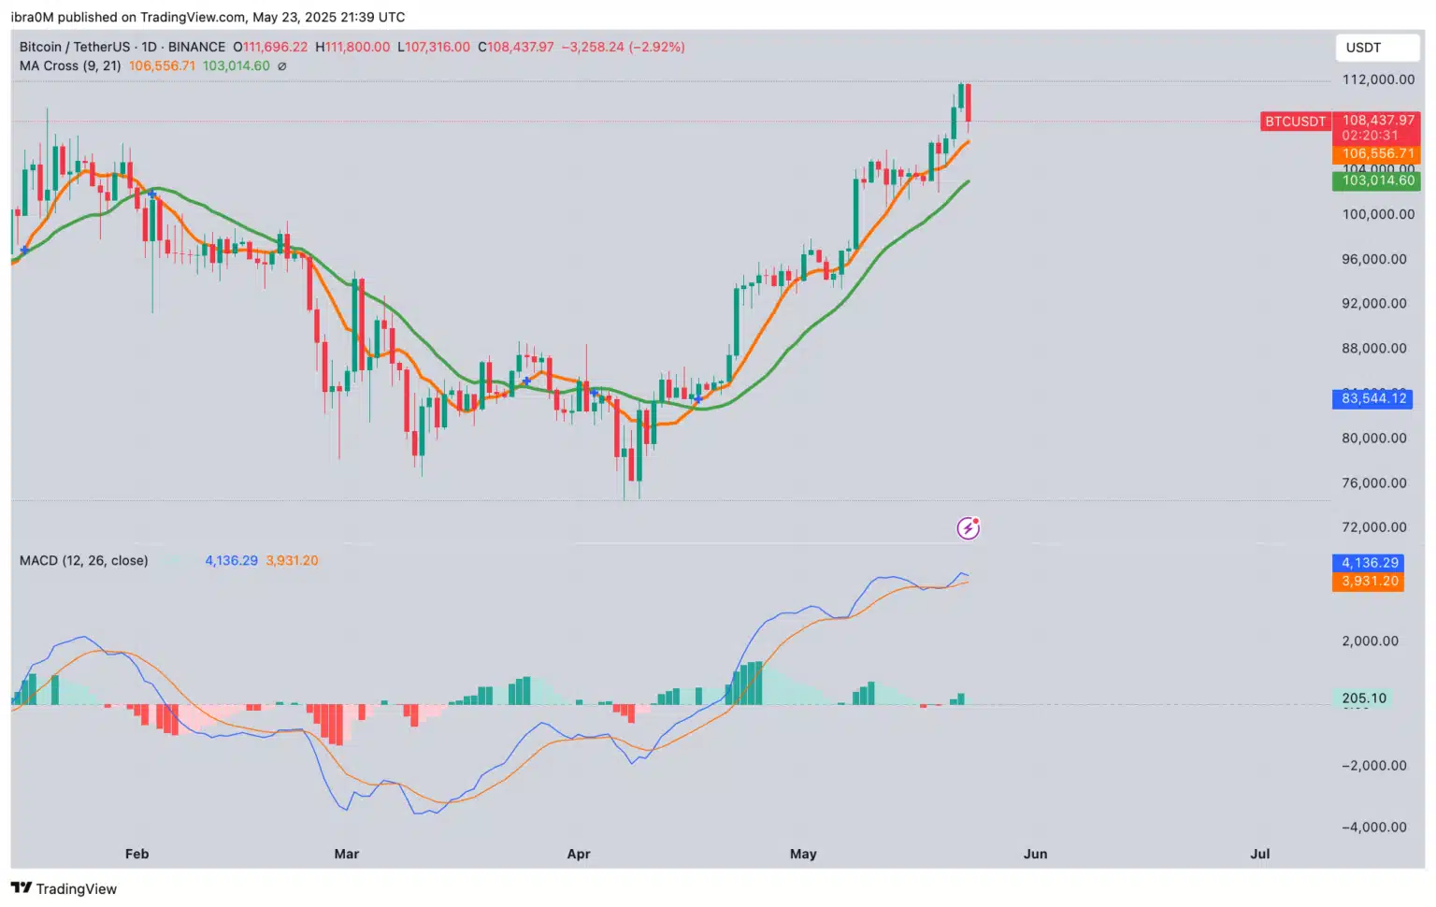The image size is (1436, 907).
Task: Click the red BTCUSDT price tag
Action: (1295, 122)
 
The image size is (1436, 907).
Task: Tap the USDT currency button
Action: (1363, 48)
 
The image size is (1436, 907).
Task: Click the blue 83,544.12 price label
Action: (1372, 398)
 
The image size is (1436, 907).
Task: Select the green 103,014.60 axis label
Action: (1376, 180)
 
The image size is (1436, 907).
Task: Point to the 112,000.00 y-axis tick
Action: (1378, 79)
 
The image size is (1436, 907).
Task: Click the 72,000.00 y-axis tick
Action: (1373, 527)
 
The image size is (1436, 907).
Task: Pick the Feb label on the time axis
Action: (136, 854)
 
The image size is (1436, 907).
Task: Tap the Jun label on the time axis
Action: (1035, 854)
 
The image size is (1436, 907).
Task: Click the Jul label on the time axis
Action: (1259, 854)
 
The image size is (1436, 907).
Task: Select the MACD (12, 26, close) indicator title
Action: (84, 561)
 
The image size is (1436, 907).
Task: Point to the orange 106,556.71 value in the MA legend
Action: (162, 66)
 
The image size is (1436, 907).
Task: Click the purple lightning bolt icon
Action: (968, 528)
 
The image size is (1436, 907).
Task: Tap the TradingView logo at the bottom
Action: (64, 888)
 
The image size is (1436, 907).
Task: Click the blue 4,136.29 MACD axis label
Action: (1370, 563)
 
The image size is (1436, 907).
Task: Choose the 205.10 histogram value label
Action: (1363, 698)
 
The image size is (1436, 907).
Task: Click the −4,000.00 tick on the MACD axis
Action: (1373, 828)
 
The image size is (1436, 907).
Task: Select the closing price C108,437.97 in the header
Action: (516, 47)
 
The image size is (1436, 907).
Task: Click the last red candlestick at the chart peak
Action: (969, 103)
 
